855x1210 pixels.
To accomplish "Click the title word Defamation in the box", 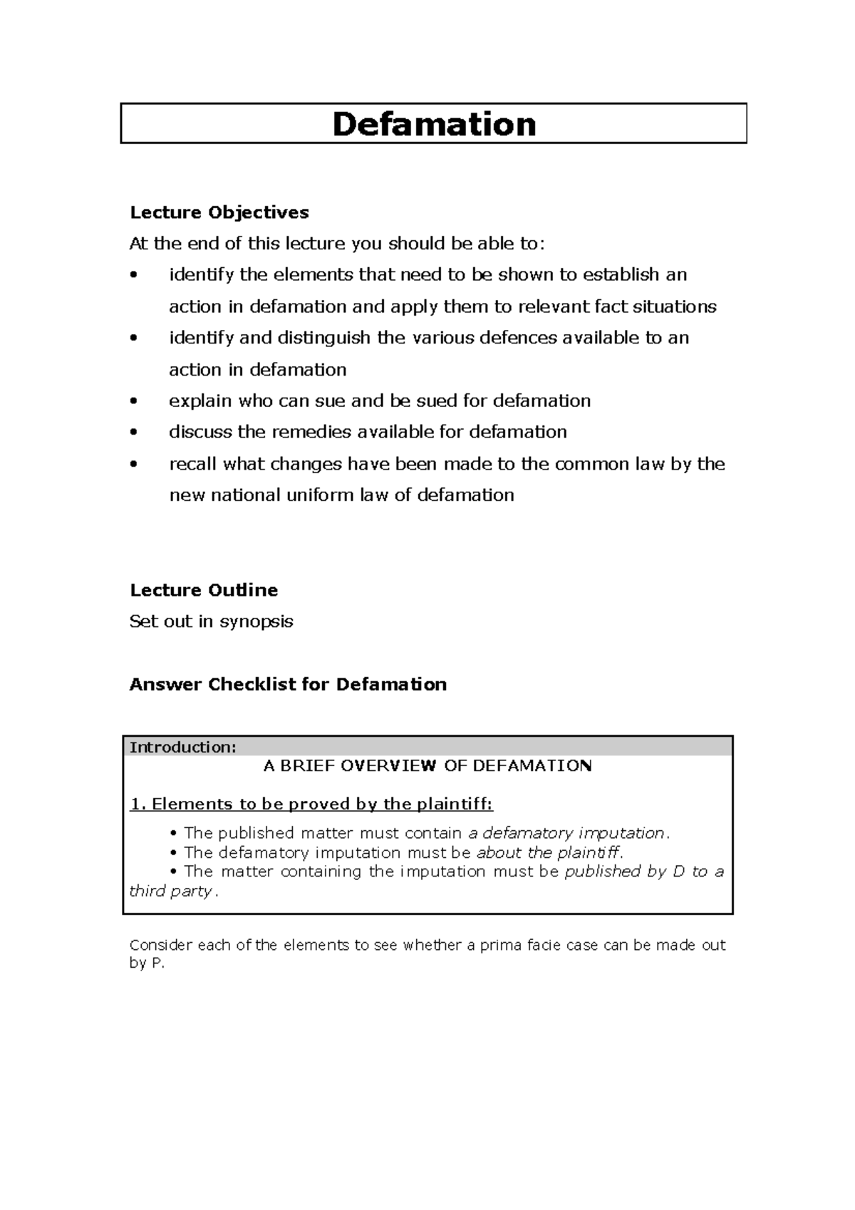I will [434, 124].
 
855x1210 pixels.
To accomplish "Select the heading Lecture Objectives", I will [219, 212].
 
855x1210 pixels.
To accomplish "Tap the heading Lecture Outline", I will [204, 590].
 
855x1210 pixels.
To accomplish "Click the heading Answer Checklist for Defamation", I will [288, 684].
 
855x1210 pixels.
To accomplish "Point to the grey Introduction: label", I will [182, 747].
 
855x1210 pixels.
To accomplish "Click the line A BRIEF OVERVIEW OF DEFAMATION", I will [427, 766].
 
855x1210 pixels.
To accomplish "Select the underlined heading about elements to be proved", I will [311, 804].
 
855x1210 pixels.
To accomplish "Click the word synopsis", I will [256, 621].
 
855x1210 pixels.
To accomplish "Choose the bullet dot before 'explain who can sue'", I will [133, 401].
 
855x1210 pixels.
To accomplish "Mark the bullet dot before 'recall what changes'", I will [133, 465].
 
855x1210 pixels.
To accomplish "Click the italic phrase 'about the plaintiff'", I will [549, 852].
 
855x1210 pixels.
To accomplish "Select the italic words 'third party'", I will [170, 891].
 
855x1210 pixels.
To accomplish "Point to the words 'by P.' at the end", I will [147, 963].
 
